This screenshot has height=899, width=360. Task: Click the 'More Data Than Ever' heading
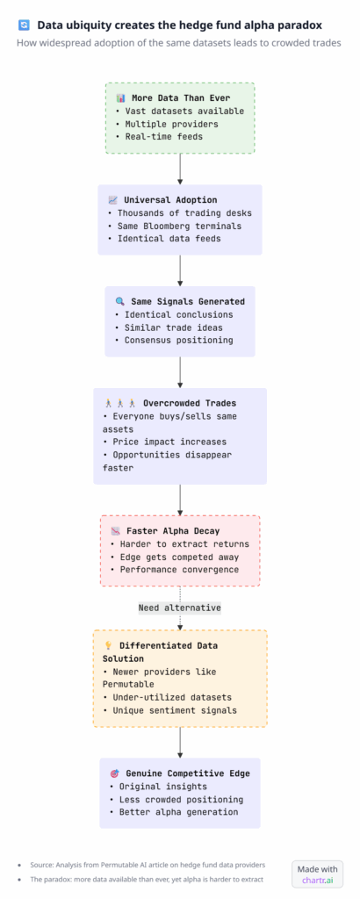click(187, 97)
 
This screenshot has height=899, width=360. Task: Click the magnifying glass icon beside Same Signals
click(119, 301)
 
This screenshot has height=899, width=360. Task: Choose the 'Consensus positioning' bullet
click(178, 340)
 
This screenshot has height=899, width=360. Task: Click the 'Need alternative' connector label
click(179, 608)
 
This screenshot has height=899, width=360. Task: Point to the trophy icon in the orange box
click(107, 645)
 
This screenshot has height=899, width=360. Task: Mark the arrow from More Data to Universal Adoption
click(180, 167)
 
